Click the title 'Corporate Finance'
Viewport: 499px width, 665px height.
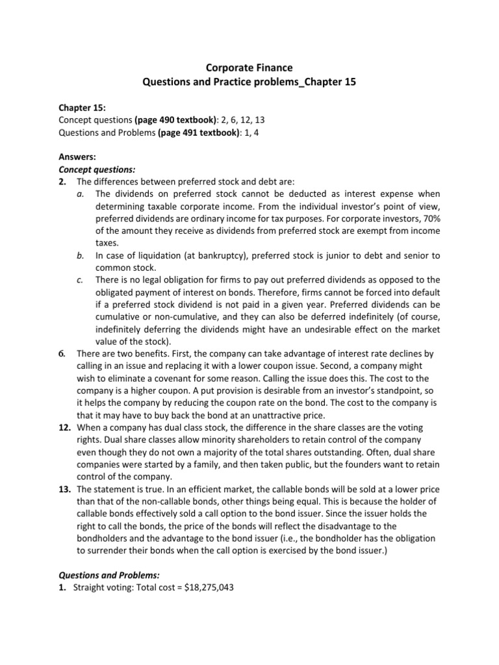(x=249, y=67)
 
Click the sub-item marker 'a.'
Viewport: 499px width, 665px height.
(x=79, y=194)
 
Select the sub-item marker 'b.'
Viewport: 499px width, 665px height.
(x=79, y=256)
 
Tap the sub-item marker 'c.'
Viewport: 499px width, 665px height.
(x=79, y=281)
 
